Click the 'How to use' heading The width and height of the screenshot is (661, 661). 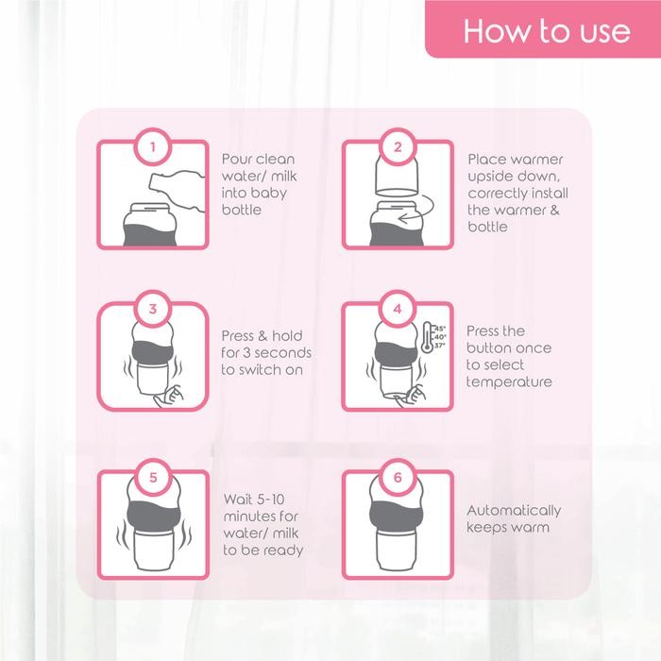[547, 31]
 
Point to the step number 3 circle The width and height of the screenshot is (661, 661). [153, 308]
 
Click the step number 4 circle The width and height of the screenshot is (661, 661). [398, 308]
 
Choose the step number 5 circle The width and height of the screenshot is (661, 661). [153, 477]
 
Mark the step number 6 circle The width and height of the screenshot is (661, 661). [398, 477]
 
